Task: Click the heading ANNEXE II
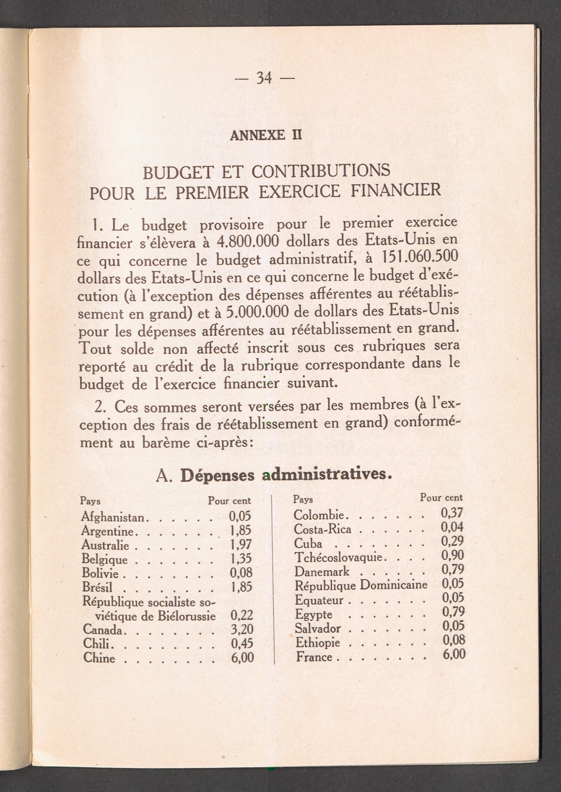(x=266, y=135)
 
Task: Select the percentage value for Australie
(x=241, y=545)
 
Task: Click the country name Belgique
(x=105, y=559)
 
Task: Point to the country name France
(x=314, y=657)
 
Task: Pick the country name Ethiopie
(x=318, y=643)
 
